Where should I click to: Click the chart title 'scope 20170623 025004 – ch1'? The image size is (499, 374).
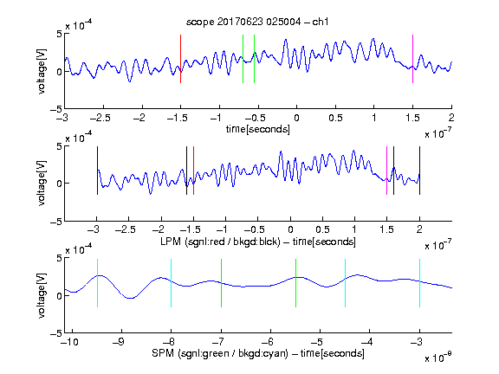point(257,22)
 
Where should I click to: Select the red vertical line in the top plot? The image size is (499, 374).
point(181,59)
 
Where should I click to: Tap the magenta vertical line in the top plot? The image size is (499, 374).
point(412,59)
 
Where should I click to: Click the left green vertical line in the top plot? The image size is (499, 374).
point(243,59)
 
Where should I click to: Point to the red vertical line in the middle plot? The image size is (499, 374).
point(193,171)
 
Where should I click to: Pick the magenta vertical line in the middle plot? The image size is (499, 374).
point(387,171)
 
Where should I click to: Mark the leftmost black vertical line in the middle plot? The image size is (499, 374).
point(97,171)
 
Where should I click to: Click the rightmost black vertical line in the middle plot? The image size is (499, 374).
point(420,171)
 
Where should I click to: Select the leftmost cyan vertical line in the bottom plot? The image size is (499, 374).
point(97,283)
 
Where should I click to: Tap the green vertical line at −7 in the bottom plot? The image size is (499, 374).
point(221,283)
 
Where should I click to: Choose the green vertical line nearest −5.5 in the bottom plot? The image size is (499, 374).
point(296,283)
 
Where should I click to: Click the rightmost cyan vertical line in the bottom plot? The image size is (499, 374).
point(420,283)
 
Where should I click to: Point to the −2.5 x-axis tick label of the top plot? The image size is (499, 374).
point(100,118)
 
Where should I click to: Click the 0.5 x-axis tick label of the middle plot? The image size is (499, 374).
point(322,229)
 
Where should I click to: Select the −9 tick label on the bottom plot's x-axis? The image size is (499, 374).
point(119,342)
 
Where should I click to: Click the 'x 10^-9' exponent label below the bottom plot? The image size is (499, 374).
point(438,358)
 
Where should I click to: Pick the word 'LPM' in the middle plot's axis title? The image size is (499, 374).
point(171,242)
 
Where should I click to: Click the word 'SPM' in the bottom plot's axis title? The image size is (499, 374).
point(163,353)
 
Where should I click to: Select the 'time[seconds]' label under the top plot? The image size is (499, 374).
point(258,129)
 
